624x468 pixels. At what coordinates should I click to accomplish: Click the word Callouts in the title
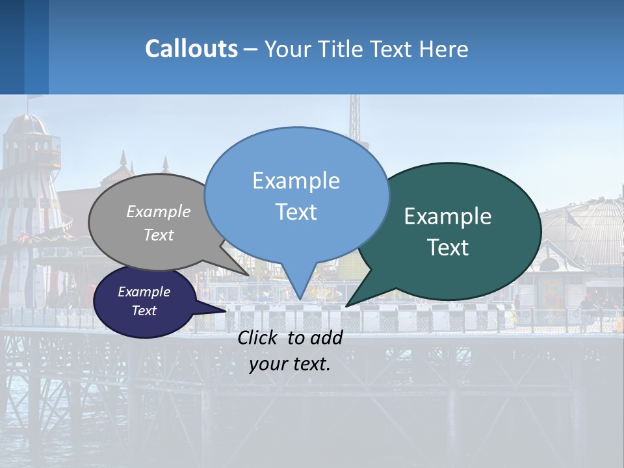pyautogui.click(x=191, y=49)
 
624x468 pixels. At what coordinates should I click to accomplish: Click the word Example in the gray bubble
pyautogui.click(x=159, y=211)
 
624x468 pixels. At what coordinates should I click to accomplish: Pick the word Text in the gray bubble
pyautogui.click(x=159, y=235)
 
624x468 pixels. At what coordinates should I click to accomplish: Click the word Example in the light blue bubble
pyautogui.click(x=296, y=180)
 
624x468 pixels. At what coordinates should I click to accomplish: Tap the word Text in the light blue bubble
pyautogui.click(x=296, y=211)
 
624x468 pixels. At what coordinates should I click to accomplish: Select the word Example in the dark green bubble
pyautogui.click(x=448, y=216)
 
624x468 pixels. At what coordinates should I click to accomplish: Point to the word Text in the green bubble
pyautogui.click(x=448, y=247)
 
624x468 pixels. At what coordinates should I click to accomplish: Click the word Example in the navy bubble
pyautogui.click(x=144, y=292)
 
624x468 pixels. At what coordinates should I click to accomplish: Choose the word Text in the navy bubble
pyautogui.click(x=144, y=311)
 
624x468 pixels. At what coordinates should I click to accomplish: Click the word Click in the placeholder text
pyautogui.click(x=259, y=337)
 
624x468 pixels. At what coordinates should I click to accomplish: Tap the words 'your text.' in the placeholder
pyautogui.click(x=290, y=364)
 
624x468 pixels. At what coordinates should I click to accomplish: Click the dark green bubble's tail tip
pyautogui.click(x=346, y=305)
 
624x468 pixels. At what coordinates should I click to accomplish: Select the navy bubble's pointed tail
pyautogui.click(x=224, y=311)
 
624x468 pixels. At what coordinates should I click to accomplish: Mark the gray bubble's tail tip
pyautogui.click(x=248, y=274)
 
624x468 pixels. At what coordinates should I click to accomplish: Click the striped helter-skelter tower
pyautogui.click(x=26, y=195)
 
